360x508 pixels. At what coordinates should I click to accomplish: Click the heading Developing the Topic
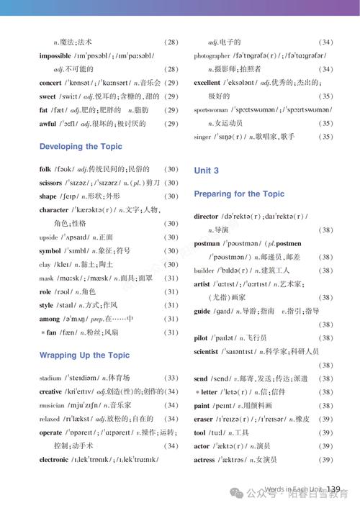[x=81, y=147]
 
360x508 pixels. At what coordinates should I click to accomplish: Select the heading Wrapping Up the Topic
[x=84, y=355]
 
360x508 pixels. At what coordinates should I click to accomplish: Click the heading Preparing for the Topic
[x=239, y=194]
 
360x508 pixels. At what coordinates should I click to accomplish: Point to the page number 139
[x=333, y=490]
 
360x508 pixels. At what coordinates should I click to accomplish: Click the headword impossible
[x=55, y=55]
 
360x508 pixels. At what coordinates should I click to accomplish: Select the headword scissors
[x=51, y=183]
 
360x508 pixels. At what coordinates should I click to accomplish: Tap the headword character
[x=54, y=210]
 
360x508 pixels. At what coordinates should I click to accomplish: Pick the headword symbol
[x=50, y=251]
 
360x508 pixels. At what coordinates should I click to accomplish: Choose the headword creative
[x=51, y=391]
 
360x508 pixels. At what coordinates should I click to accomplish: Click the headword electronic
[x=54, y=460]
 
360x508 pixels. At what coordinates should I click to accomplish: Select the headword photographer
[x=212, y=56]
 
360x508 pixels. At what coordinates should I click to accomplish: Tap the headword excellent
[x=207, y=83]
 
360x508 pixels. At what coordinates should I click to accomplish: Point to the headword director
[x=206, y=217]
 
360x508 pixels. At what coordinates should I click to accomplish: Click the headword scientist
[x=206, y=352]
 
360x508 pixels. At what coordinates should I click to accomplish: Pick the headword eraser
[x=204, y=419]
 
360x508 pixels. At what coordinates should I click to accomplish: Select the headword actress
[x=204, y=460]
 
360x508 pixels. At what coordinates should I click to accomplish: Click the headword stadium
[x=50, y=378]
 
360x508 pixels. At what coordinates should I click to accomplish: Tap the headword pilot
[x=201, y=338]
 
